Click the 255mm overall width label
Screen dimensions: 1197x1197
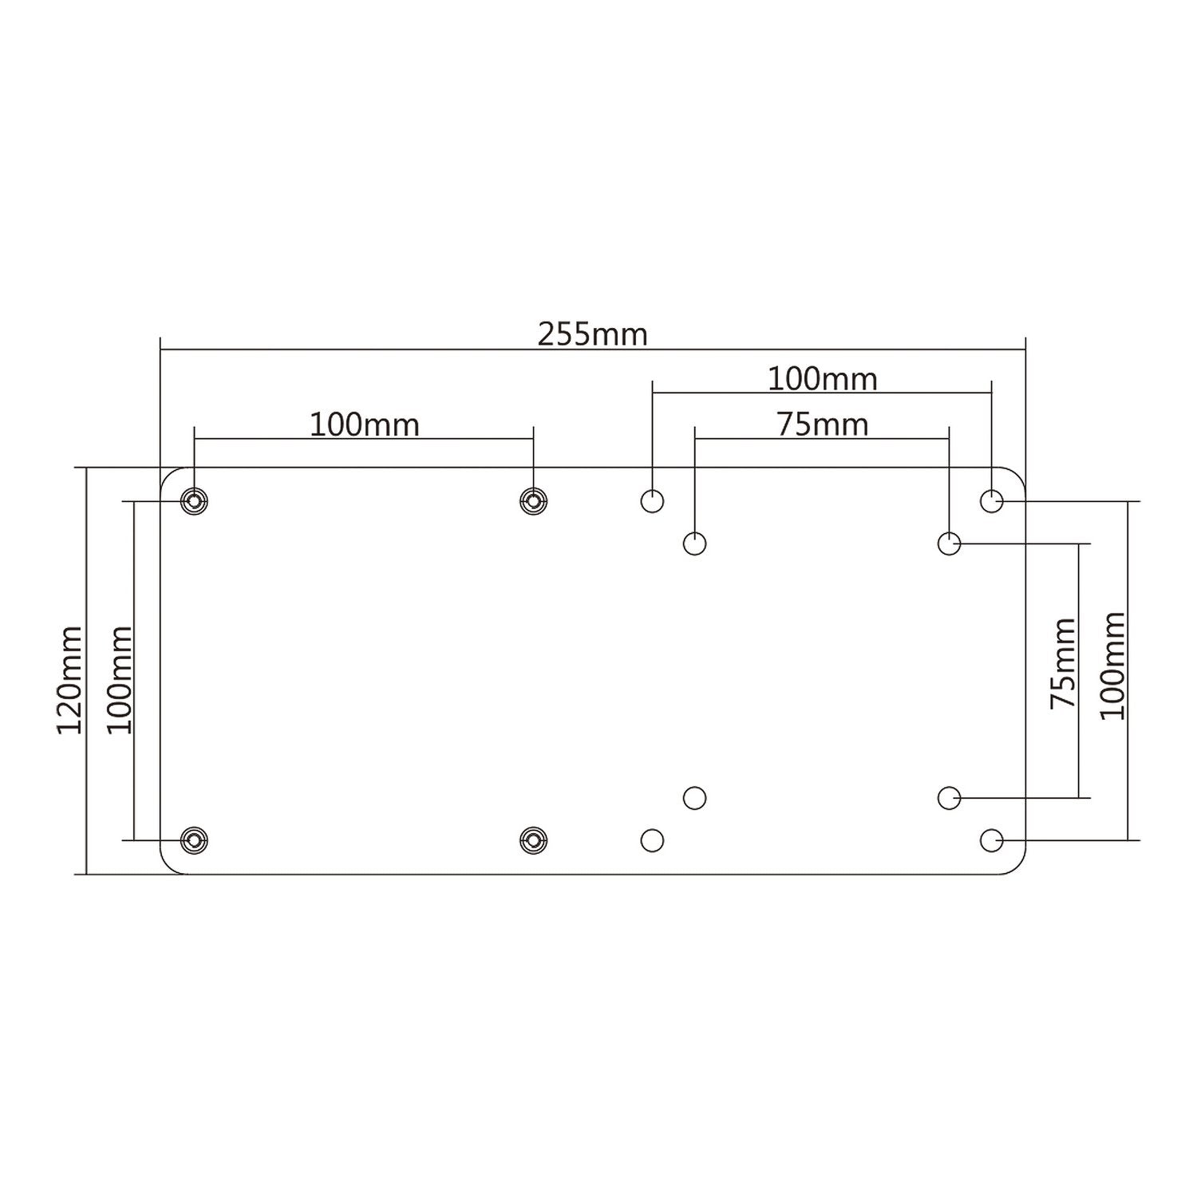[592, 334]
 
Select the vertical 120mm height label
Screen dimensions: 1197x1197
[69, 679]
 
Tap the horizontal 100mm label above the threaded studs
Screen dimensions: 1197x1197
[364, 425]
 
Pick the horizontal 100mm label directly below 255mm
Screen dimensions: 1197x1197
[822, 379]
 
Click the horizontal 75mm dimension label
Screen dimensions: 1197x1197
[822, 425]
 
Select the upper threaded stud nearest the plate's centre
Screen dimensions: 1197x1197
[533, 501]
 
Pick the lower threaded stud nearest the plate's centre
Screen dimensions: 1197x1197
[533, 839]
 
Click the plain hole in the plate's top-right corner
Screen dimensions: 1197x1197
[991, 501]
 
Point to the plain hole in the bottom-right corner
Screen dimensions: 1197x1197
[991, 839]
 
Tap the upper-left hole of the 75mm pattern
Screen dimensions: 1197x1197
[695, 544]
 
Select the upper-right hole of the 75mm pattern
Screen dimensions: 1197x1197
[949, 544]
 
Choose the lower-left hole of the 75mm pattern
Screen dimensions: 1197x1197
[695, 797]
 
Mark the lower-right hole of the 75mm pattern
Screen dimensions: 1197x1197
[949, 797]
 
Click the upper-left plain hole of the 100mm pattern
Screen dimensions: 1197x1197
[653, 501]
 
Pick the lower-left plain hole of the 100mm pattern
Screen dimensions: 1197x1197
[653, 839]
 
